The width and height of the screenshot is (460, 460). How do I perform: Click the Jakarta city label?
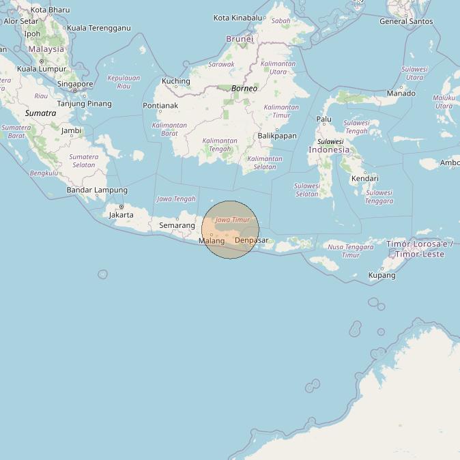pos(121,214)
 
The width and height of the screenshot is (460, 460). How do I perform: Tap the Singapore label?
pos(75,84)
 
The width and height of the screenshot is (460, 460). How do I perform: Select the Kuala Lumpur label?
pos(41,69)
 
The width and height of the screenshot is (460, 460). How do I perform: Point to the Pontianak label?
pos(160,106)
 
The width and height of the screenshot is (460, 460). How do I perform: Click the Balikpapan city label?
pos(277,136)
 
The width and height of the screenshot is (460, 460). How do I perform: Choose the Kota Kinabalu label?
pos(238,18)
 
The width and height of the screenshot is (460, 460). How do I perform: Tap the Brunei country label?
pos(240,39)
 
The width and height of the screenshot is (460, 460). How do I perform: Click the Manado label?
pos(401,94)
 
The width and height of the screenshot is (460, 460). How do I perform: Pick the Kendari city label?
pos(364,179)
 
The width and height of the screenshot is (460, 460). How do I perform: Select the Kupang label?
pos(382,275)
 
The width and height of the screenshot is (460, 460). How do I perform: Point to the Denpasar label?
pos(251,240)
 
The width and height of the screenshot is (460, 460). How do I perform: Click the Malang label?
pos(212,241)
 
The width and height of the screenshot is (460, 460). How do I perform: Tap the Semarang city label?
pos(177,225)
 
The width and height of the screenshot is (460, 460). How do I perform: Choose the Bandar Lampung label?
pos(97,190)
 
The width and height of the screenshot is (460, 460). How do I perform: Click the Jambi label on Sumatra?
pos(71,130)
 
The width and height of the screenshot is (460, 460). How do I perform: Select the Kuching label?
pos(175,82)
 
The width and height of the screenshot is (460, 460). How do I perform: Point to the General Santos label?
pos(406,21)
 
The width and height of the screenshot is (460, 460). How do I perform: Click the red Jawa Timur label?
pos(233,220)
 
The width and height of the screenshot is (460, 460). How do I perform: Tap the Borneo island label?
pos(244,89)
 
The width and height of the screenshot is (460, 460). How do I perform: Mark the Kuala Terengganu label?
pos(99,28)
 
